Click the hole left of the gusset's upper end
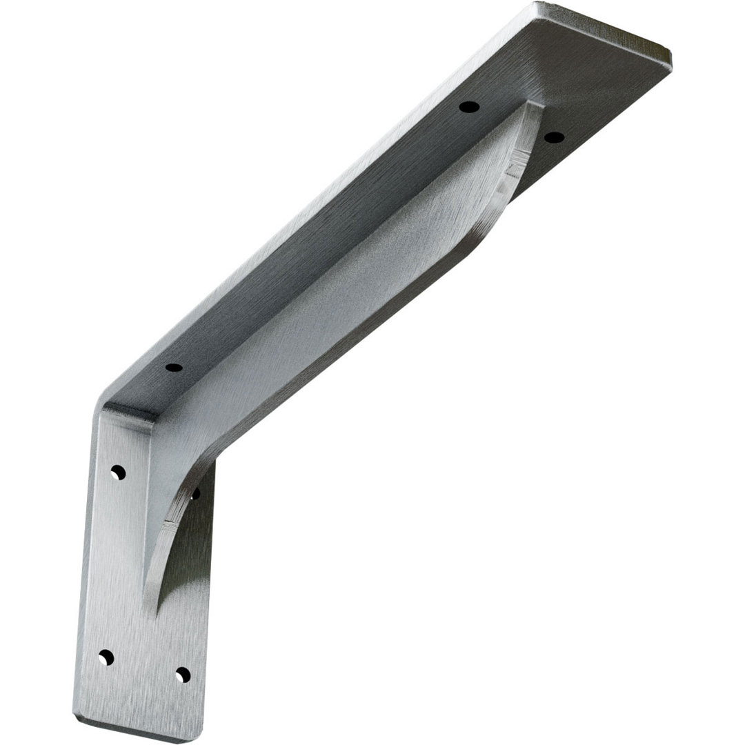coord(469,107)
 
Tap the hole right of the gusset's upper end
coord(554,137)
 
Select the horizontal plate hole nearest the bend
coord(174,367)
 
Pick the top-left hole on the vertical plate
coord(118,473)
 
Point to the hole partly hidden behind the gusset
coord(195,493)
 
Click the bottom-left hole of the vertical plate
coord(106,657)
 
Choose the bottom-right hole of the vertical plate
coord(182,674)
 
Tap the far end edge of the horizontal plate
coord(607,31)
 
